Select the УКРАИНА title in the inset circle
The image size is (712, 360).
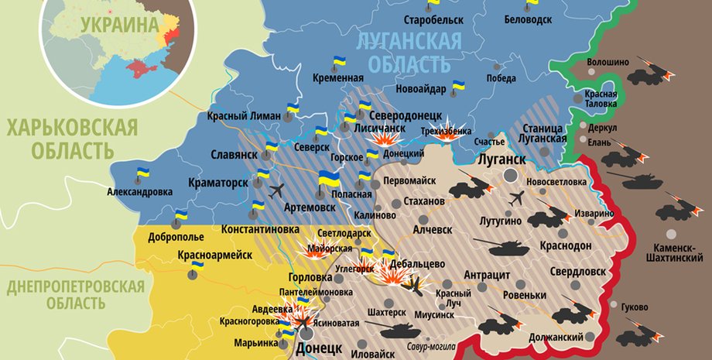pos(115,24)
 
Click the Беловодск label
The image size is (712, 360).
pos(528,18)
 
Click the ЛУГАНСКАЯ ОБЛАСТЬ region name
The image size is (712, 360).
pos(409,51)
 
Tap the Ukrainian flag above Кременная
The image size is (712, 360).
pos(339,61)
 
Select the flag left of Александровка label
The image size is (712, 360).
pos(143,174)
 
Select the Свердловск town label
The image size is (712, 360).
pos(578,272)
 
